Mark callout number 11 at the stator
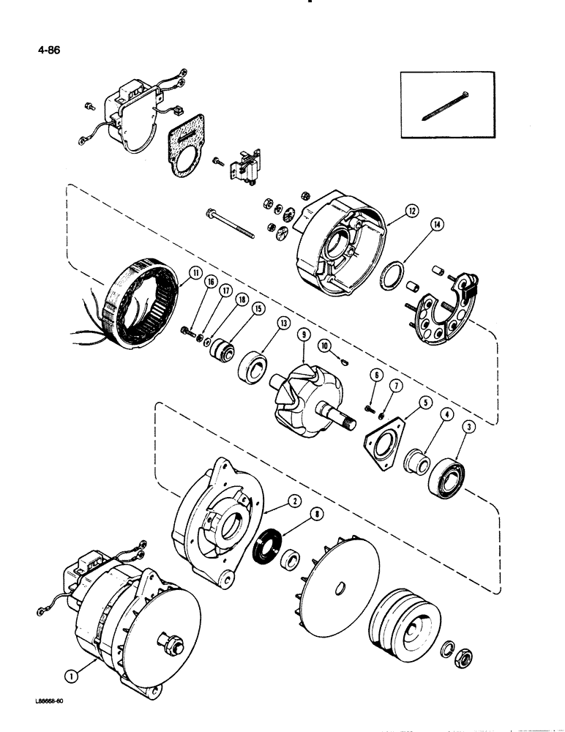(x=193, y=274)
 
